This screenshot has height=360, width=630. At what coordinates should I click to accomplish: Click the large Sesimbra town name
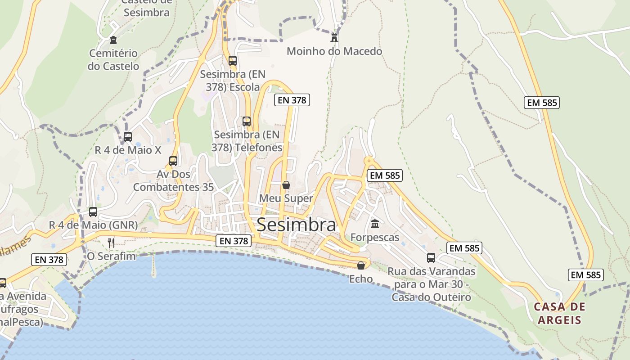click(296, 225)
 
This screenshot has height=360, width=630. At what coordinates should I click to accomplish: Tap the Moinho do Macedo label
click(334, 51)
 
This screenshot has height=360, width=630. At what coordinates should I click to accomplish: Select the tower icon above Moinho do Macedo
click(334, 37)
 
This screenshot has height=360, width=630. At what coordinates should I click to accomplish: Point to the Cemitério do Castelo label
click(113, 60)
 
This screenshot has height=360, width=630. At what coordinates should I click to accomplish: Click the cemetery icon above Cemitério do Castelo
click(113, 40)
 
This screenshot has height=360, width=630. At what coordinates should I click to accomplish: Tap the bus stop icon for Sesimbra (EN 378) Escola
click(232, 60)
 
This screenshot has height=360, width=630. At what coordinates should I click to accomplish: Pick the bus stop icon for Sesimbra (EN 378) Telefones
click(246, 121)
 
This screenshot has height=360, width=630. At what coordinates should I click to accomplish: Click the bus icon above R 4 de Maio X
click(128, 136)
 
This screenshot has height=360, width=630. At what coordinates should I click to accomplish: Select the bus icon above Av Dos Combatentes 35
click(173, 161)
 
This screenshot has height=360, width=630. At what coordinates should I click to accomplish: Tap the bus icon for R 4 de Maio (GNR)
click(93, 211)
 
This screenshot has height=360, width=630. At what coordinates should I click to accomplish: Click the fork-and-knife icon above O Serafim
click(111, 243)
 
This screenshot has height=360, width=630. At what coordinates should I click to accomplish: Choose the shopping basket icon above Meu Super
click(286, 185)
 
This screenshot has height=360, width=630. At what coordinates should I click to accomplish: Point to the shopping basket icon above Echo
click(361, 265)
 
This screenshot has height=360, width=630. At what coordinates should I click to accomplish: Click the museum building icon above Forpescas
click(375, 224)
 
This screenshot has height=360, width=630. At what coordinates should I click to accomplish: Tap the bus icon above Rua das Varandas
click(431, 258)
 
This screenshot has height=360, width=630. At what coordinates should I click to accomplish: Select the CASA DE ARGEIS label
click(560, 314)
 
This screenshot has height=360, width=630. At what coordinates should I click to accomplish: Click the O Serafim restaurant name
click(111, 256)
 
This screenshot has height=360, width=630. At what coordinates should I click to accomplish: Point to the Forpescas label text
click(375, 237)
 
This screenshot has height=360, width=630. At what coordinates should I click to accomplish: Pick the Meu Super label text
click(286, 198)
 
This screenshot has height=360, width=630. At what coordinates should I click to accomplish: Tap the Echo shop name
click(361, 279)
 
